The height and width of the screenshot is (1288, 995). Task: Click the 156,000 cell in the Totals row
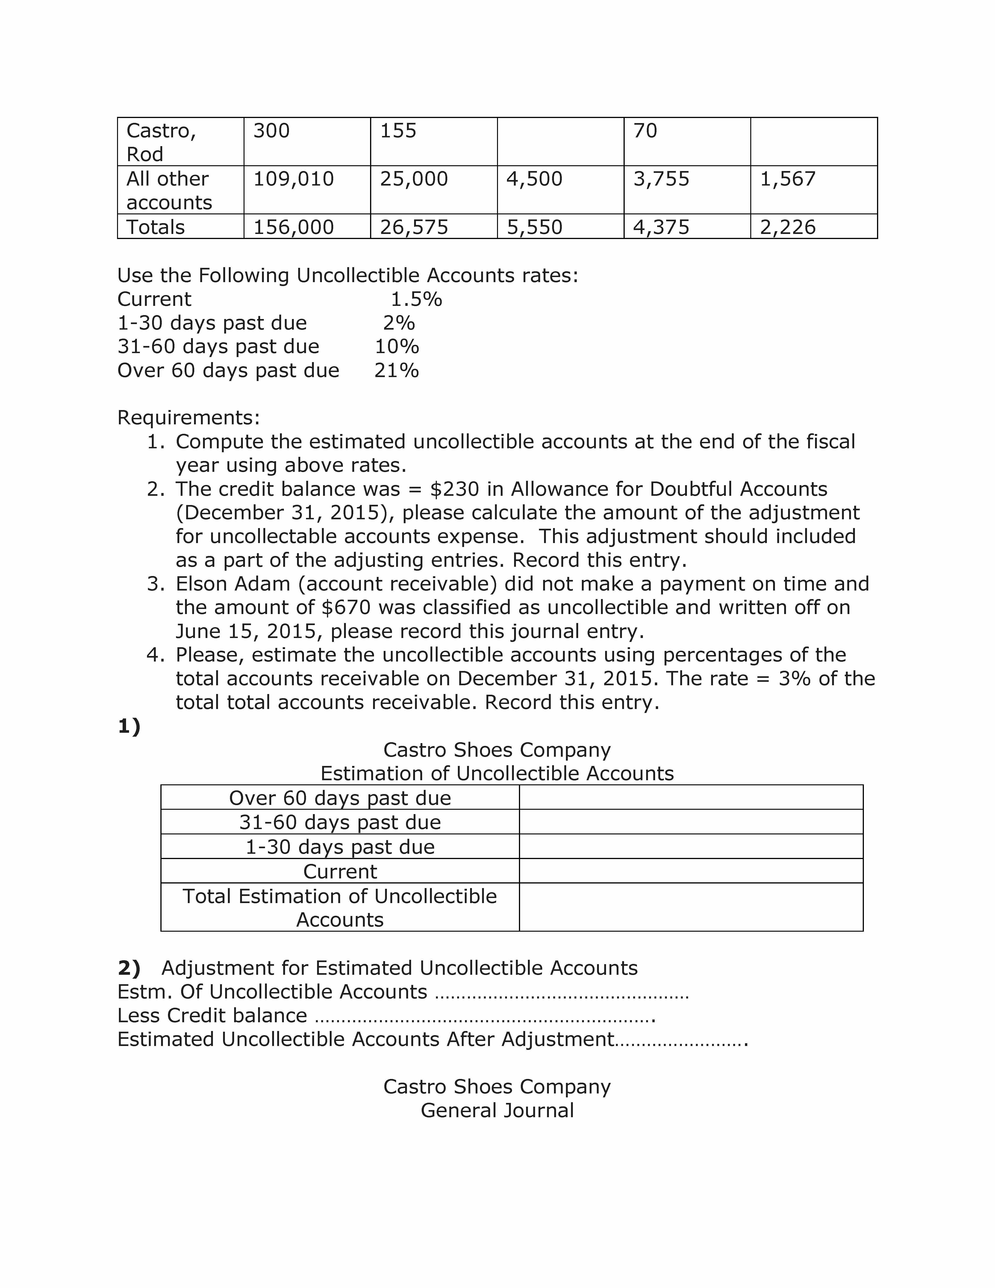click(x=294, y=227)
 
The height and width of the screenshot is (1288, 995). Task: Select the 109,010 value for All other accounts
click(x=294, y=179)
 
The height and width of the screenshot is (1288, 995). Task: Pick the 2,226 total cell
click(x=788, y=227)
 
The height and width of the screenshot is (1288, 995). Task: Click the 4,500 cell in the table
click(x=534, y=179)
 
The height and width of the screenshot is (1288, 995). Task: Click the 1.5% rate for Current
click(x=416, y=300)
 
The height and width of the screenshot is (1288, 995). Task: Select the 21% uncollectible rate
click(x=397, y=370)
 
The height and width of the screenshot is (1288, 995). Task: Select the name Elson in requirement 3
click(x=202, y=584)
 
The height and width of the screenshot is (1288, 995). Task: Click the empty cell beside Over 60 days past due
click(x=691, y=797)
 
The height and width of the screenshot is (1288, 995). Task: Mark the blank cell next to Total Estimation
click(x=691, y=907)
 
